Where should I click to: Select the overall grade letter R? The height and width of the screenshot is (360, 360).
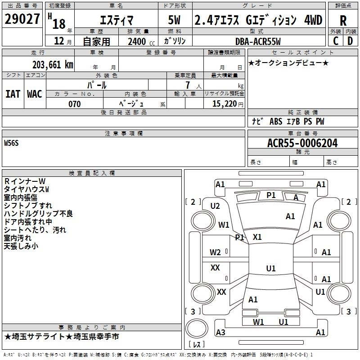coord(343,21)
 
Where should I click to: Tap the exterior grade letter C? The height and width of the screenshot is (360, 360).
coord(335,41)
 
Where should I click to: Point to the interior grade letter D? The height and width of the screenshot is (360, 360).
coord(350,41)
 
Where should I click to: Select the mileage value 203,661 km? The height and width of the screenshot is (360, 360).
coord(53,64)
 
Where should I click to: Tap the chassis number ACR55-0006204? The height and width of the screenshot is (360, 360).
coord(302,144)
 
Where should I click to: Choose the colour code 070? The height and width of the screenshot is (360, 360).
coord(74,104)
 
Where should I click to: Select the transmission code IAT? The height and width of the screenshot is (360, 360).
coord(13,94)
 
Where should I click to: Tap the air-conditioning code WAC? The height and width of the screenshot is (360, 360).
coord(35,94)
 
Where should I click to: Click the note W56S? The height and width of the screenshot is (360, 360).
coord(12,143)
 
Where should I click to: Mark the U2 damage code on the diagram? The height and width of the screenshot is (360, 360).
coord(215,206)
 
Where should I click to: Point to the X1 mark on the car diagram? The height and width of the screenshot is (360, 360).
coord(257,237)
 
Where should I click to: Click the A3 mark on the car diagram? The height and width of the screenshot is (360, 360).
coord(220,333)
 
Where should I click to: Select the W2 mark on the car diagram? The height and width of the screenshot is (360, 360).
coord(215,252)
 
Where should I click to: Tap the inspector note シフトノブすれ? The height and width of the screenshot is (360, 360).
coord(28,205)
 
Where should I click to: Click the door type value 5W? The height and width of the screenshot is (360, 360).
coord(175,21)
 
